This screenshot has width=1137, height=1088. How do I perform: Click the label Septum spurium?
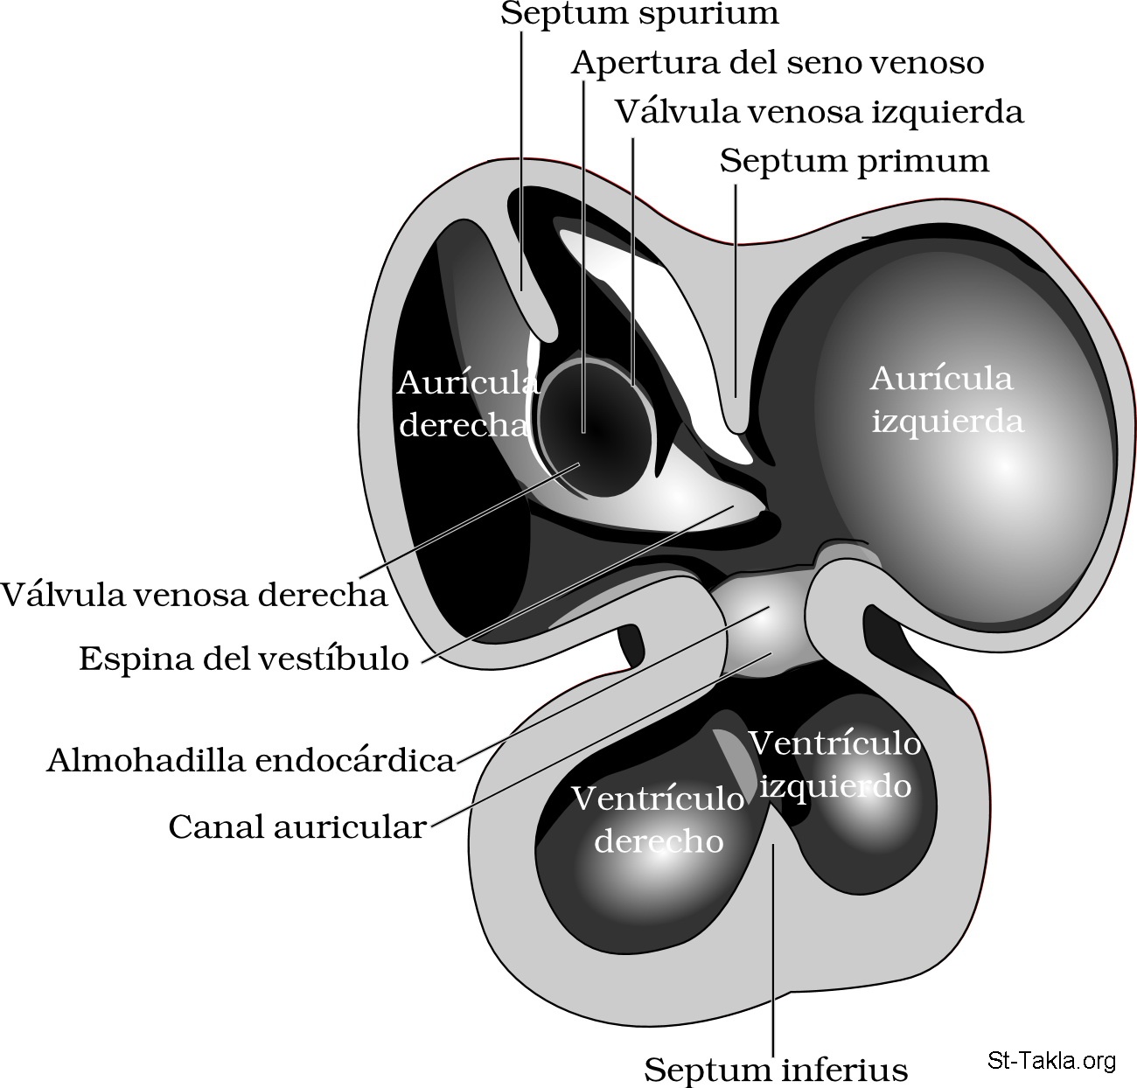[x=639, y=14]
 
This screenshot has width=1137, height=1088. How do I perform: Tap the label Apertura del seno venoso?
[x=778, y=63]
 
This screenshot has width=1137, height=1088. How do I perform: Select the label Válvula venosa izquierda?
[x=819, y=112]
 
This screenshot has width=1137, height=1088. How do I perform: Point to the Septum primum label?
[x=854, y=161]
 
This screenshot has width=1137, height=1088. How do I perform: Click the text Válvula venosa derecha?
[x=194, y=595]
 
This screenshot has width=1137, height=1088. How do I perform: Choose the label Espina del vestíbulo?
[x=244, y=658]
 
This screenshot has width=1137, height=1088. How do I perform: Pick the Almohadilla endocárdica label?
[x=251, y=760]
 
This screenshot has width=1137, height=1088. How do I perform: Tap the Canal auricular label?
[x=296, y=826]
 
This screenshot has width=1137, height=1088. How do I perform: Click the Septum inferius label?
[x=776, y=1069]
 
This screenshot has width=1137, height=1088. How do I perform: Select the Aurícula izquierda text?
[x=946, y=400]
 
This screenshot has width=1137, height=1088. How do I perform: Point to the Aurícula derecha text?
[x=465, y=403]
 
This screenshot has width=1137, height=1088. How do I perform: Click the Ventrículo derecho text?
[x=658, y=819]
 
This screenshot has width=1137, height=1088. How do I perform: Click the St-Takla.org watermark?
[x=1051, y=1061]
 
